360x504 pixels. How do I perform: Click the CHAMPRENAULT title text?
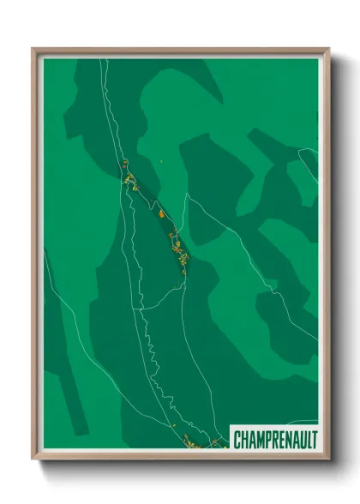274,440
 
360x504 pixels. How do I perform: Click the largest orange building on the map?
160,211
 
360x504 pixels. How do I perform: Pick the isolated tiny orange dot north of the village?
161,159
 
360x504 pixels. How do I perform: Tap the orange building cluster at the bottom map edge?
190,443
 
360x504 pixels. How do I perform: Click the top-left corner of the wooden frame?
34,50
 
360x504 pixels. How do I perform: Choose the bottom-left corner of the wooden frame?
34,458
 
